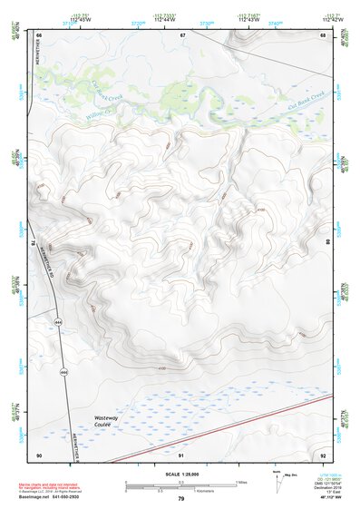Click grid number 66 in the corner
[40, 34]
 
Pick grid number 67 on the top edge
[182, 34]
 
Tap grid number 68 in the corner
[323, 34]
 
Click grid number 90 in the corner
[39, 454]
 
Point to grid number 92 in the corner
[323, 454]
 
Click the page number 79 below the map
[181, 499]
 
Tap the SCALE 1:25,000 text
[180, 475]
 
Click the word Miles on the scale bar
[239, 481]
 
